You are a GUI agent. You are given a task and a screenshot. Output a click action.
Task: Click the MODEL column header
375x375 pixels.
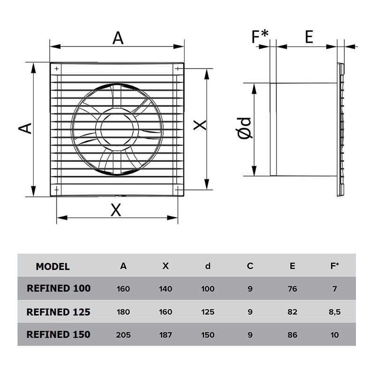point(52,267)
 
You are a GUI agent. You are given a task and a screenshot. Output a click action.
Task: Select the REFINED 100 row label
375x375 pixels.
point(59,289)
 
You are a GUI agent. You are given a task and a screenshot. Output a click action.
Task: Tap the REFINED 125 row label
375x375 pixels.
point(59,312)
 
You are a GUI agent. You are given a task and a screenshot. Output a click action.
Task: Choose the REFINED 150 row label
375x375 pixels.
point(59,335)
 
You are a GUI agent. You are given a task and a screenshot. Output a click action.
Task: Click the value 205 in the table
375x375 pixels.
point(123,335)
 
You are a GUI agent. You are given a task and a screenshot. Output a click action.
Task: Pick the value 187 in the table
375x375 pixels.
point(165,335)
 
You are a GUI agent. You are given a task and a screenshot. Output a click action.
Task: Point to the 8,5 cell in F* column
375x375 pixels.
point(334,312)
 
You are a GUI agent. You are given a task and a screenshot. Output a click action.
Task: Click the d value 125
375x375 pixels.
point(208,312)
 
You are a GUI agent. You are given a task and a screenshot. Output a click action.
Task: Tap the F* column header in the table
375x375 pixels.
point(334,266)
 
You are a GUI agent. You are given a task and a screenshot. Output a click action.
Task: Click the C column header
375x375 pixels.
point(250,266)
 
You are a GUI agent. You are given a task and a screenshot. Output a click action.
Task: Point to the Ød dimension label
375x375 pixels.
point(245,128)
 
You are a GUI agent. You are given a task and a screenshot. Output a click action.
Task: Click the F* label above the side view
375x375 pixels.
point(261,37)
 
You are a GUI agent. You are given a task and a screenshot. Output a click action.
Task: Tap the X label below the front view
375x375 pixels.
point(116,210)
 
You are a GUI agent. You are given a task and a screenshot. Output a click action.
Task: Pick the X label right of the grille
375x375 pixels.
point(200,125)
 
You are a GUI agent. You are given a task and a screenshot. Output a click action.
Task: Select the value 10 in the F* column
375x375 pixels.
point(334,335)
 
